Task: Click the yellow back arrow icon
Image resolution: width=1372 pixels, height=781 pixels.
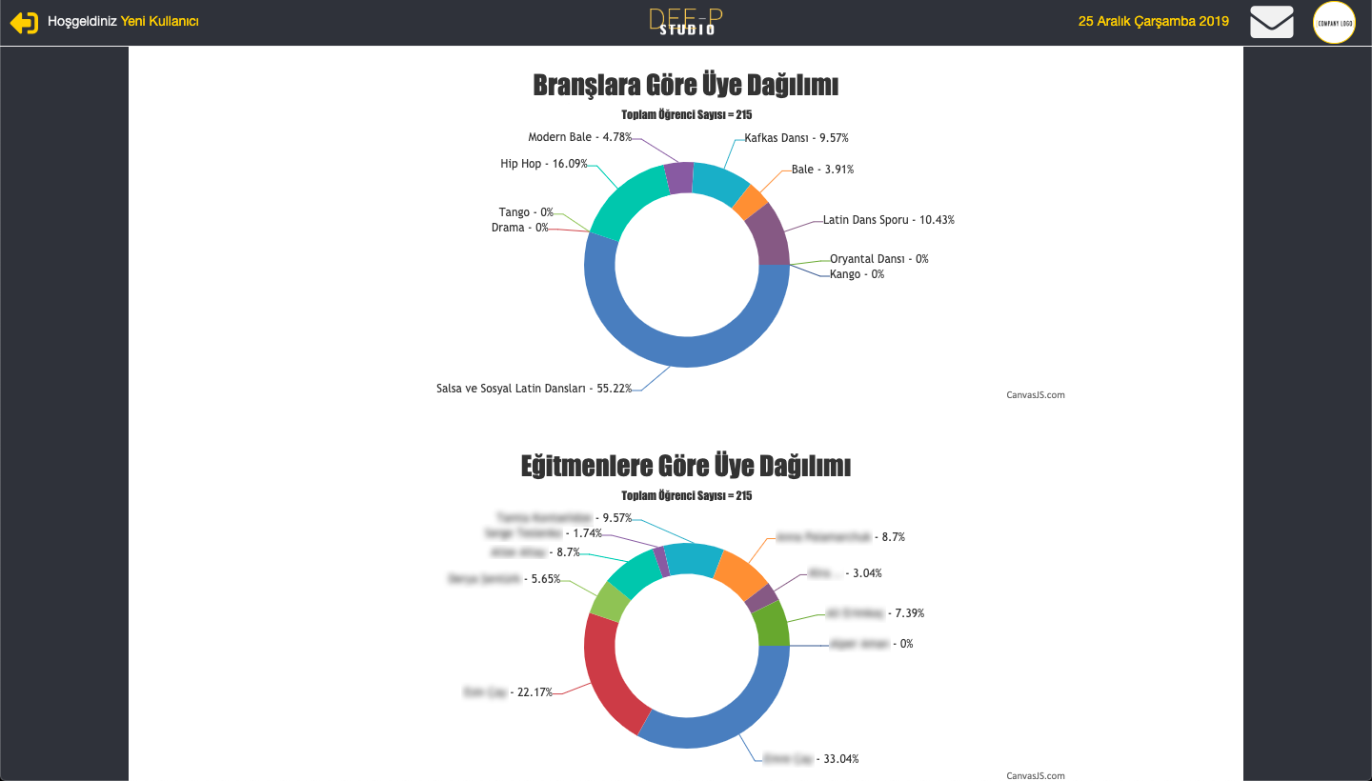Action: pyautogui.click(x=25, y=22)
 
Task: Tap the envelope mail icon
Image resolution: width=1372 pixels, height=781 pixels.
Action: pyautogui.click(x=1272, y=22)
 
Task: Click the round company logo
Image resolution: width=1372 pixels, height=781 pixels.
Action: pyautogui.click(x=1334, y=23)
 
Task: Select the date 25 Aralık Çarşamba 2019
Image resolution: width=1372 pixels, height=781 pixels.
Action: pyautogui.click(x=1153, y=21)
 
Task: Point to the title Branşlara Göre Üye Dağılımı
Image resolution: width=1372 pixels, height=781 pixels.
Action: pyautogui.click(x=686, y=86)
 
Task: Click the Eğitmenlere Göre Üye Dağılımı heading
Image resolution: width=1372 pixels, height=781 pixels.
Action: pyautogui.click(x=686, y=467)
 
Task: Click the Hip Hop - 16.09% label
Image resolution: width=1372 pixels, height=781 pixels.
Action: pyautogui.click(x=544, y=164)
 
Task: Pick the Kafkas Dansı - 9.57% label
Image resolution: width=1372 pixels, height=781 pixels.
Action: pyautogui.click(x=797, y=138)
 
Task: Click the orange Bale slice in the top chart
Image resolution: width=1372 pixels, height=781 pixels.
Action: pyautogui.click(x=750, y=202)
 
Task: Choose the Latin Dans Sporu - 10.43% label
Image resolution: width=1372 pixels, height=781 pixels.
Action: pyautogui.click(x=889, y=220)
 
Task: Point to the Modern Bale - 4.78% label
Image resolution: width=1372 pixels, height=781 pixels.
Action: pyautogui.click(x=579, y=137)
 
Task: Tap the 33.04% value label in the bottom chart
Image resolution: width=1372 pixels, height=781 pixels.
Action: pyautogui.click(x=840, y=759)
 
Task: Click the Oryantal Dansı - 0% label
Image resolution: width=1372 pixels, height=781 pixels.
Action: pyautogui.click(x=878, y=259)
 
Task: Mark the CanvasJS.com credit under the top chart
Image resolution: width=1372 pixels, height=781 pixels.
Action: pyautogui.click(x=1036, y=395)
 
